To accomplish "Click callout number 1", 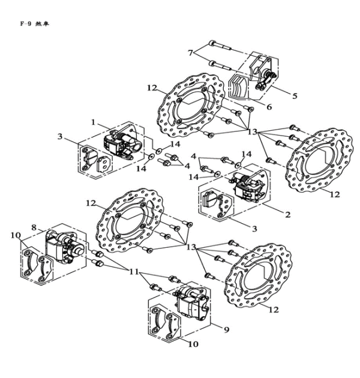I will [x=94, y=122].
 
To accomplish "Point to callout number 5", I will [x=295, y=95].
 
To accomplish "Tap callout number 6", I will [x=269, y=107].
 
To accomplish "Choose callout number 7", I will [x=190, y=53].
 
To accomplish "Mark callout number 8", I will [x=34, y=227].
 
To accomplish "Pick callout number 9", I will [x=225, y=329].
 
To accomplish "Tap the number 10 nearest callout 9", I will [x=193, y=344].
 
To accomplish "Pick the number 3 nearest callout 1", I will [x=60, y=137].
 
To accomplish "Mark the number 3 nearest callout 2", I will [x=254, y=229].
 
